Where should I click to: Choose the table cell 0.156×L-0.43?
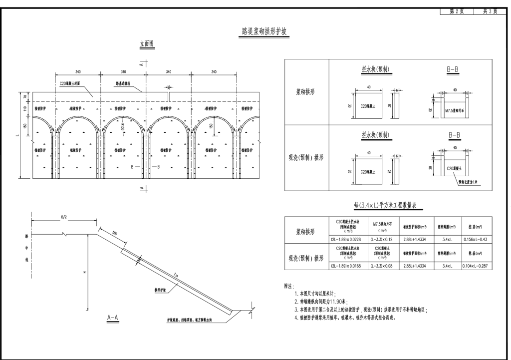pos(477,239)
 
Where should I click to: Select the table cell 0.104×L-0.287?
pos(477,266)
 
